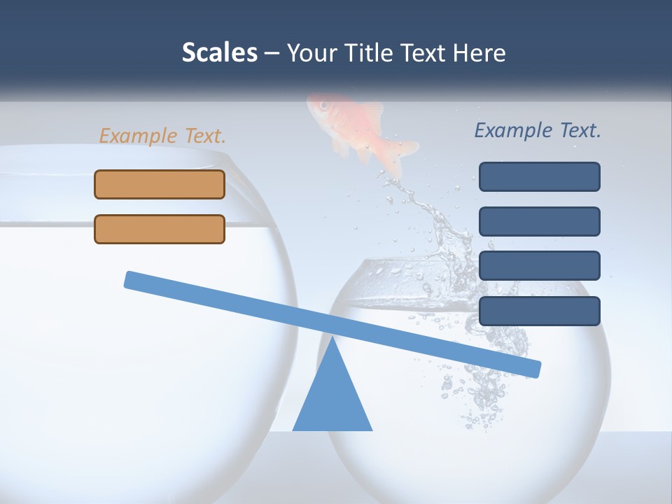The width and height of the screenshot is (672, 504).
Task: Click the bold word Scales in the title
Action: point(219,52)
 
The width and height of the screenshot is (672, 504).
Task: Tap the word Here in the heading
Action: point(479,52)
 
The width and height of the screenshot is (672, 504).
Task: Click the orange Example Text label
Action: point(162,136)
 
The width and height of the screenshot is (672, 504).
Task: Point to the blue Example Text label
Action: point(538,130)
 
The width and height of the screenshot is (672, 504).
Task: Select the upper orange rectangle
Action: point(160,184)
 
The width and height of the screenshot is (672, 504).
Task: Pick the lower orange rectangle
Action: point(160,229)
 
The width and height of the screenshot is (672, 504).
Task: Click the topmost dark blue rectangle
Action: point(539,176)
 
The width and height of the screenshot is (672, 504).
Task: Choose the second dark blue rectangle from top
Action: point(539,221)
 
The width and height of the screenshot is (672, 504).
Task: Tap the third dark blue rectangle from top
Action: point(539,266)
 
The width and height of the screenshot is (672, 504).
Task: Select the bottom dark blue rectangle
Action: point(539,311)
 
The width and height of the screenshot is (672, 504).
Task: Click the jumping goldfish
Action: point(357,129)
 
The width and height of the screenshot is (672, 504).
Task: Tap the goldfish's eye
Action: point(324,106)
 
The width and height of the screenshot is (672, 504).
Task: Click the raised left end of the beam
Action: point(130,279)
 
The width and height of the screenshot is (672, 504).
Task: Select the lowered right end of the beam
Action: point(535,369)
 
